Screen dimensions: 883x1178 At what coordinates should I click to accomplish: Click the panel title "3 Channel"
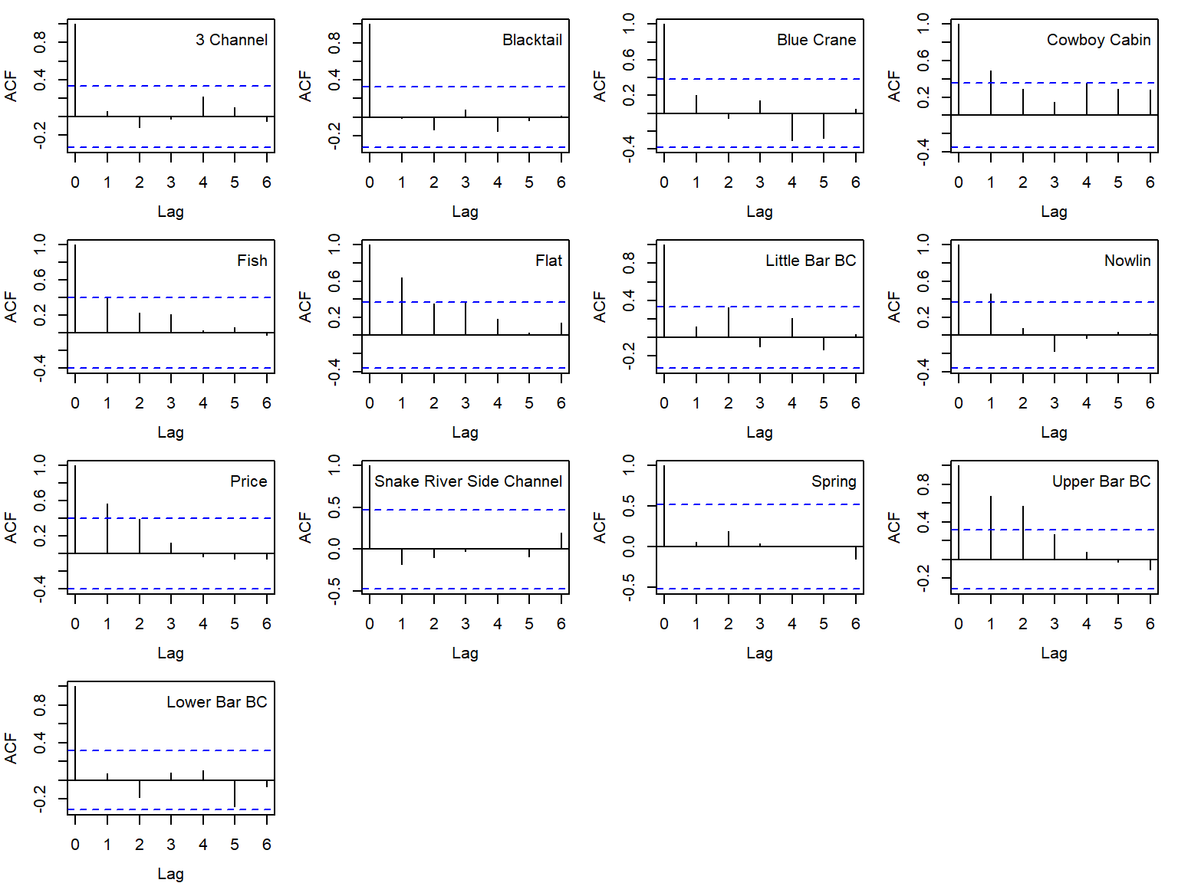pos(232,40)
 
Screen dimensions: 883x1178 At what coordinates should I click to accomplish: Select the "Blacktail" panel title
pos(532,40)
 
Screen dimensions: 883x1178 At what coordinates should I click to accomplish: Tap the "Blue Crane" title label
pos(816,40)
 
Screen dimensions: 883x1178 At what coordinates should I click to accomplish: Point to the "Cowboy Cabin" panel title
pos(1098,40)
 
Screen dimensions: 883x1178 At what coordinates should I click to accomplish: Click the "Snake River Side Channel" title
pos(468,481)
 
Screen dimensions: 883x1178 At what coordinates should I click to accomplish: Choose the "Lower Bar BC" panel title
pos(217,702)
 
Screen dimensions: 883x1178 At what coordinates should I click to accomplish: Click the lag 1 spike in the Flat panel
pos(402,307)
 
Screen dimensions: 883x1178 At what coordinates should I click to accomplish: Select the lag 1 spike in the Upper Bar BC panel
pos(991,528)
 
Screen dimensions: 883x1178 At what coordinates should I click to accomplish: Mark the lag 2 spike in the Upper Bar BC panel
pos(1023,533)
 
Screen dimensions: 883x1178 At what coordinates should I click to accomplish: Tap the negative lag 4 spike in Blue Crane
pos(792,127)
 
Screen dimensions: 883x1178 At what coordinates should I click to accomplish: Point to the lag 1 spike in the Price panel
pos(107,528)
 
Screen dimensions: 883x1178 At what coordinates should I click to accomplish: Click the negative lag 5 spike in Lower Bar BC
pos(235,793)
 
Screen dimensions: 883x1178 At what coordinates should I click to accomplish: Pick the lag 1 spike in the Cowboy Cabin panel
pos(991,93)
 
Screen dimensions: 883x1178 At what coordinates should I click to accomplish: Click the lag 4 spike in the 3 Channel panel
pos(203,107)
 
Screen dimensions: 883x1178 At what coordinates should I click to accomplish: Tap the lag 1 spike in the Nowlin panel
pos(991,314)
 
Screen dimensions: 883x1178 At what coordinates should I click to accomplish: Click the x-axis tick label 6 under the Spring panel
pos(856,624)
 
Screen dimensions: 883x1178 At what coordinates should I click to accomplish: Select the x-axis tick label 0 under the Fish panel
pos(75,403)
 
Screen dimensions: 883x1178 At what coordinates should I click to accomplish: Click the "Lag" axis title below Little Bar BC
pos(759,432)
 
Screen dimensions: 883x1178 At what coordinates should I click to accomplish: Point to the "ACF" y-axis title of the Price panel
pos(11,527)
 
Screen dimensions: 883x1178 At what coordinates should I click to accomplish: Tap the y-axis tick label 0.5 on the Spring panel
pos(629,504)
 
